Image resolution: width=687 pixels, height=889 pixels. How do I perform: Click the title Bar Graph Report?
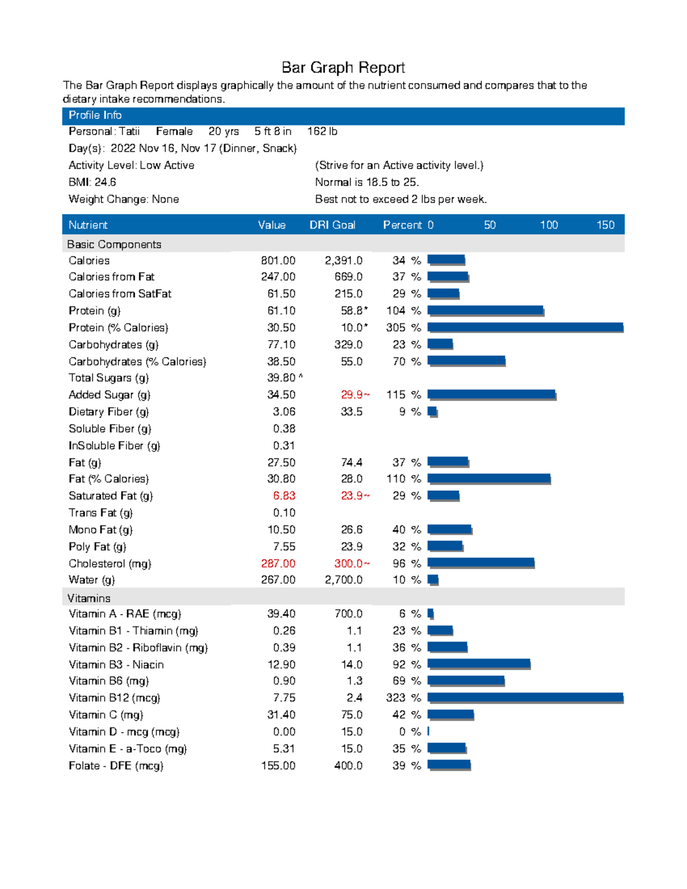[x=343, y=68]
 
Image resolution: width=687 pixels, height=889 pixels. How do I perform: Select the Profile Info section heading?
[x=95, y=115]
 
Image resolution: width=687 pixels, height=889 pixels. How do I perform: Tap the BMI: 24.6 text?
[x=92, y=182]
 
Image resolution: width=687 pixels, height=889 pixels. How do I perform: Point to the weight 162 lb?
[x=322, y=131]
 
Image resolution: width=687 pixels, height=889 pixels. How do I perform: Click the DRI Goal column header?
[x=332, y=225]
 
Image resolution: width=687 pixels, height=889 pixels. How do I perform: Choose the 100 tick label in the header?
[x=548, y=225]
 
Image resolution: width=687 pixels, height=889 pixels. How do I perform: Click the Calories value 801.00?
[x=278, y=260]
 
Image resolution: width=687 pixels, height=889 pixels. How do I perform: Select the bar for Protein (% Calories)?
[x=525, y=327]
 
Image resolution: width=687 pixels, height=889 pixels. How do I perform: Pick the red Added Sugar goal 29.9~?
[x=355, y=394]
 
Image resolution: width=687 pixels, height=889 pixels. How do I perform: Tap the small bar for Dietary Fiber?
[x=432, y=412]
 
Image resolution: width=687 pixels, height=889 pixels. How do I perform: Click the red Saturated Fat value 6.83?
[x=284, y=496]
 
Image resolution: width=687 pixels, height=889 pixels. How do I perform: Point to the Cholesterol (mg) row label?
[x=110, y=563]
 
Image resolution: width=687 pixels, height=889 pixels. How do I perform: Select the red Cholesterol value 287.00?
[x=278, y=563]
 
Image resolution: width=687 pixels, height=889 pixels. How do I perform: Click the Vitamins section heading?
[x=89, y=598]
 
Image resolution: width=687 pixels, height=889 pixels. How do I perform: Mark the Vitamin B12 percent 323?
[x=396, y=698]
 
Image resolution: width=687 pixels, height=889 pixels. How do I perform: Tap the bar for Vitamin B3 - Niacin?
[x=479, y=664]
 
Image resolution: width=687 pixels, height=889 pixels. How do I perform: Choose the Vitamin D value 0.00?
[x=284, y=732]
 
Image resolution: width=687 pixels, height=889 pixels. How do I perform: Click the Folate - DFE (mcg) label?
[x=116, y=765]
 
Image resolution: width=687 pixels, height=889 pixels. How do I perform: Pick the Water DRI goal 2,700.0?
[x=343, y=579]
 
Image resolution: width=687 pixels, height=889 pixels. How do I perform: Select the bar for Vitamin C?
[x=451, y=714]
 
